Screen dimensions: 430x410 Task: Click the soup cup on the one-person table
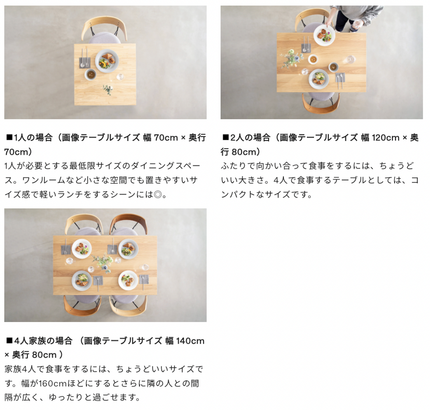(90, 74)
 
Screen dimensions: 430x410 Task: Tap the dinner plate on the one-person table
(107, 61)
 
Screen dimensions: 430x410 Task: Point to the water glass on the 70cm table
(120, 77)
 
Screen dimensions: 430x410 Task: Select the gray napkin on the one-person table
(85, 63)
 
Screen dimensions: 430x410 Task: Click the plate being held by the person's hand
(324, 35)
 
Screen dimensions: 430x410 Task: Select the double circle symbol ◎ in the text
(158, 195)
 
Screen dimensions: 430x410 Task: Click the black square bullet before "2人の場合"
(225, 138)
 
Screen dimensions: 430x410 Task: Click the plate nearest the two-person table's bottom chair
(319, 79)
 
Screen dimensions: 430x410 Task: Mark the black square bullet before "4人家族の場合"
(9, 341)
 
